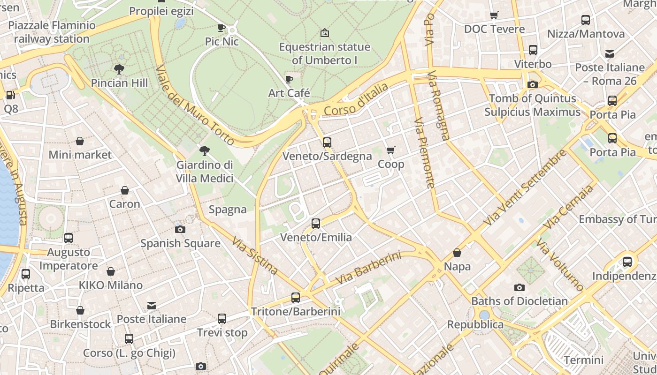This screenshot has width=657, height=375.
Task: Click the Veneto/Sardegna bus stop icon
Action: pos(327,142)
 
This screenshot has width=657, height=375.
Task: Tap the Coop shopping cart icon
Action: pos(390,150)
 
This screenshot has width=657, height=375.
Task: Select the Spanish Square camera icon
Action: pos(180,229)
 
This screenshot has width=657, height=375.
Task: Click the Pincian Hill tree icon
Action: pos(119,69)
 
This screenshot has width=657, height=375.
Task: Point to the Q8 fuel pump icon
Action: pos(10,95)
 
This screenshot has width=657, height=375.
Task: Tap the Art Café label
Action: pos(289,93)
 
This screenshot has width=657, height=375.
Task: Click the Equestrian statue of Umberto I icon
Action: pos(324,33)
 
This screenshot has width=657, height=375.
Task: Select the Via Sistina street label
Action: pos(255,255)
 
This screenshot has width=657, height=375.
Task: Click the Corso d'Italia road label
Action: pos(356,99)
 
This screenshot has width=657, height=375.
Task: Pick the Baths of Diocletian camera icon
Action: pos(519,287)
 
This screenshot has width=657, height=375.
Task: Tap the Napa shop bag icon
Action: pos(457,253)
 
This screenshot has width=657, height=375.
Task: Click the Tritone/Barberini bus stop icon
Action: pos(296,297)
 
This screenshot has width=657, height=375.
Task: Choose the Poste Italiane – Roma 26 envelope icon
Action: pos(610,53)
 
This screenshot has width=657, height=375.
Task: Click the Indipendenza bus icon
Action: pos(627,262)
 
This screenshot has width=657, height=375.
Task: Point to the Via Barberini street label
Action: pos(368,268)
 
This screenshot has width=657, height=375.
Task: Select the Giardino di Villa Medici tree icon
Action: pos(204,151)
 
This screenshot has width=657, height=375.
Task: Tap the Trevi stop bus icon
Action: pos(222,319)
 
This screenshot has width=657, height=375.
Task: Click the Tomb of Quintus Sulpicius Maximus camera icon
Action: pos(533,84)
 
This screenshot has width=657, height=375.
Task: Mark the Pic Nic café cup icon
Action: pos(222,28)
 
